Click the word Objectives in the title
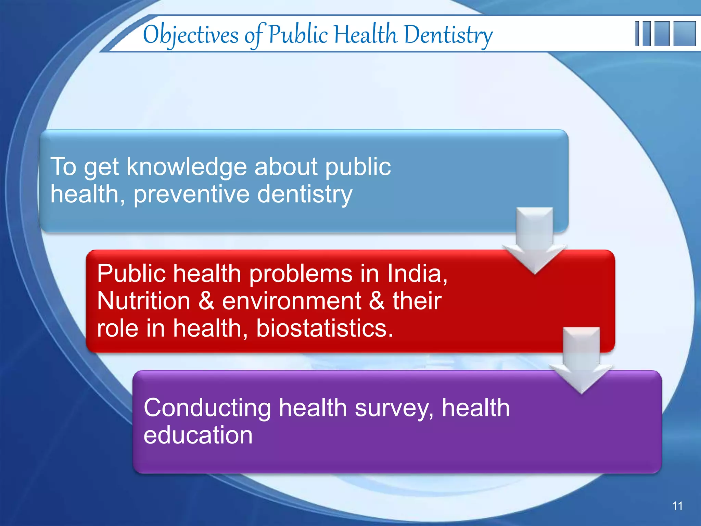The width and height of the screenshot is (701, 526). [x=191, y=35]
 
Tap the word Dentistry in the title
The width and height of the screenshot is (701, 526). [x=448, y=35]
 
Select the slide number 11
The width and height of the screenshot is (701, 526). [x=677, y=506]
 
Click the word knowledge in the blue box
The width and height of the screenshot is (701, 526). [x=187, y=167]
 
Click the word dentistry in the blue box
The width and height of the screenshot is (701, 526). [x=304, y=195]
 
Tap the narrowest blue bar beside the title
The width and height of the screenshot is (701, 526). [x=637, y=33]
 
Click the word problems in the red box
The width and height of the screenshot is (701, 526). [x=301, y=274]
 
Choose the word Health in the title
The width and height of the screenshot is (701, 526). [x=366, y=35]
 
